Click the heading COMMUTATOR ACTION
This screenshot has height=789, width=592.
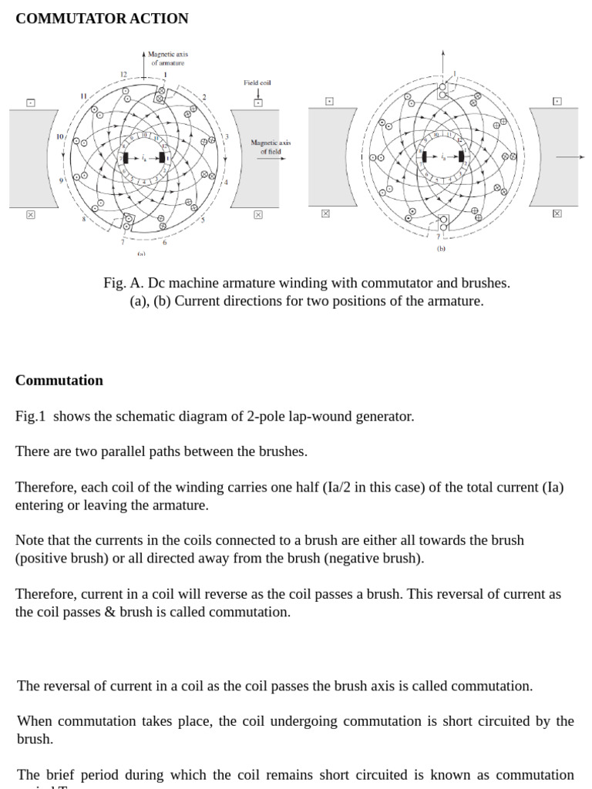(x=102, y=18)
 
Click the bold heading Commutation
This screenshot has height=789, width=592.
(x=59, y=380)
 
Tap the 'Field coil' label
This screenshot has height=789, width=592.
(x=257, y=82)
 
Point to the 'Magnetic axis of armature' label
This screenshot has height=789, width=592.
(x=167, y=59)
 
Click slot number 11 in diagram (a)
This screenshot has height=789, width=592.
(x=83, y=96)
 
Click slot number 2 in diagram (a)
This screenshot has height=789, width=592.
(x=204, y=97)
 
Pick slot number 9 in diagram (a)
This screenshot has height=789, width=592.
(x=61, y=180)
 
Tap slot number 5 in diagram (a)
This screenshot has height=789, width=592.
(x=203, y=220)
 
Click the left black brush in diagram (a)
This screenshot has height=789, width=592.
(x=125, y=158)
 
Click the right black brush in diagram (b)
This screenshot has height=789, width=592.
(x=460, y=157)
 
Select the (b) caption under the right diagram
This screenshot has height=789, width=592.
(x=441, y=249)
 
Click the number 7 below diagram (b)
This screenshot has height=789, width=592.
(x=438, y=237)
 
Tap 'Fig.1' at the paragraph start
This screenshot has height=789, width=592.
(x=30, y=416)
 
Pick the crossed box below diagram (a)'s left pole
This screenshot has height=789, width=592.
(x=31, y=215)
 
